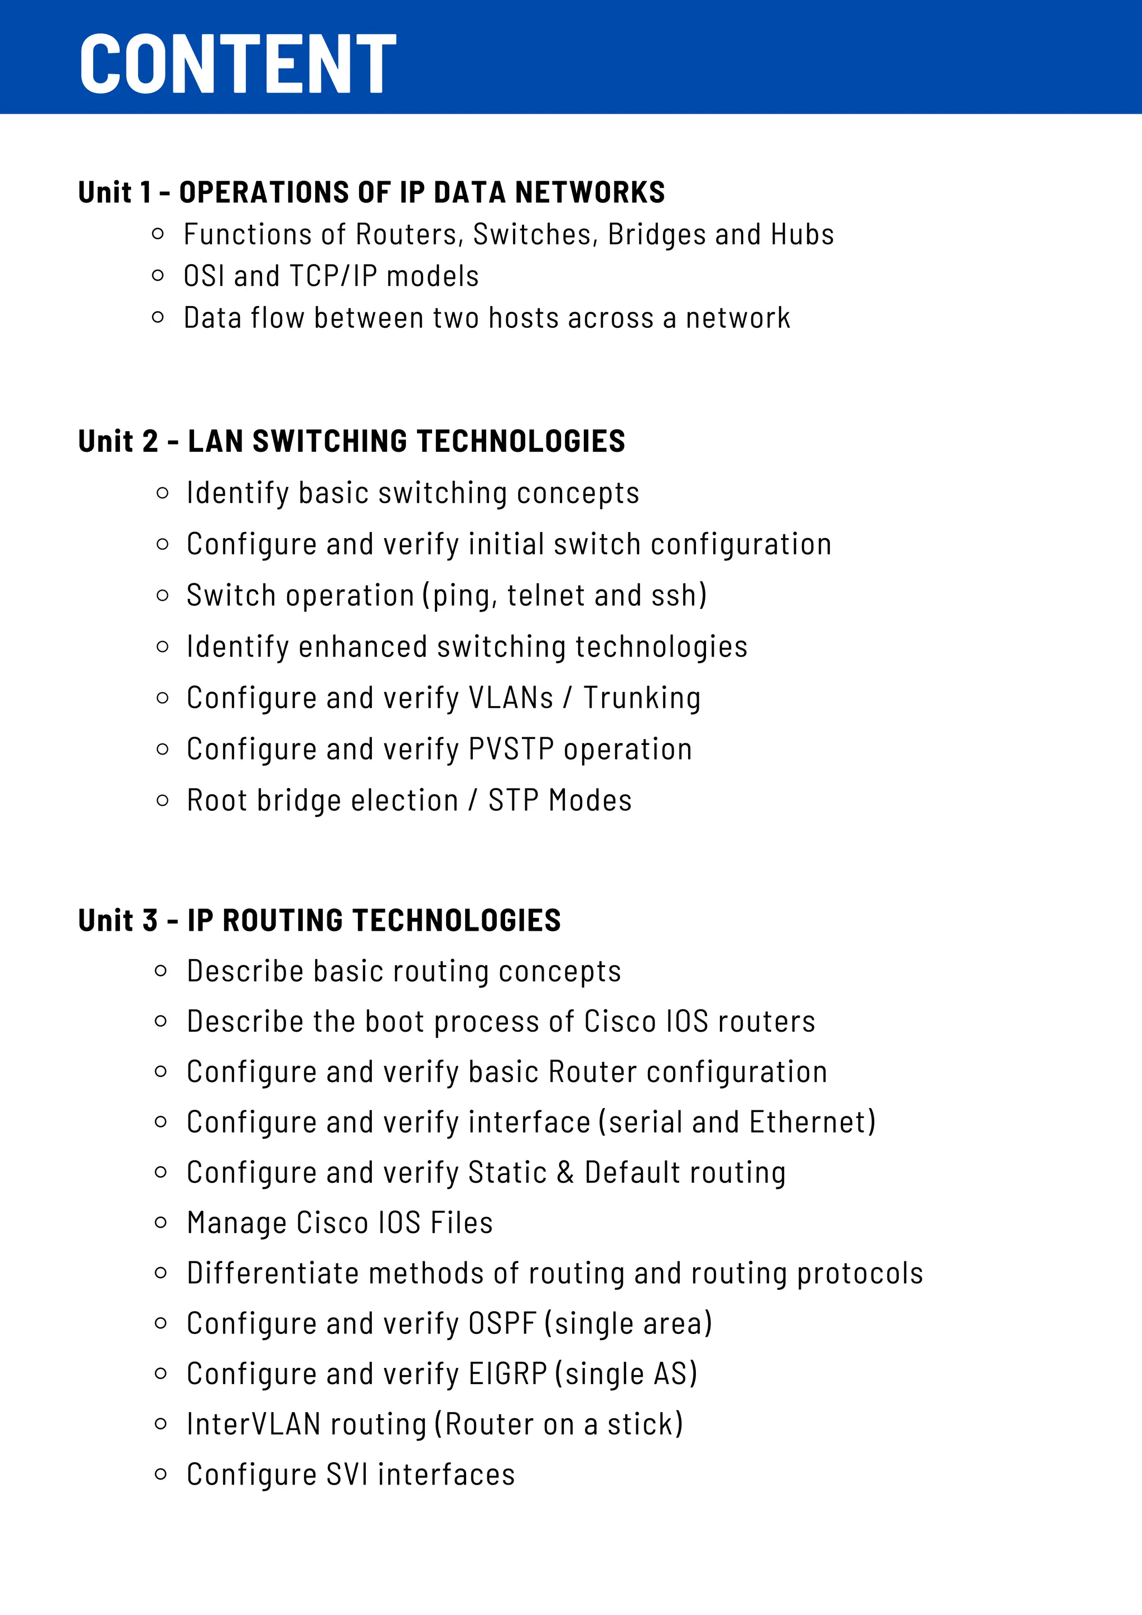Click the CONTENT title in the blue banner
(x=238, y=64)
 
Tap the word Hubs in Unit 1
(x=802, y=235)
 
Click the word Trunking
(x=642, y=698)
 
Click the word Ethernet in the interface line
(x=809, y=1123)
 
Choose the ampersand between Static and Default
(x=565, y=1173)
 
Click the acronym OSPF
(x=502, y=1324)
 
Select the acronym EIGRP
(x=507, y=1374)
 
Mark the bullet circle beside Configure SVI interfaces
(x=161, y=1474)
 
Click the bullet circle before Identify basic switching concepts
(x=162, y=494)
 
